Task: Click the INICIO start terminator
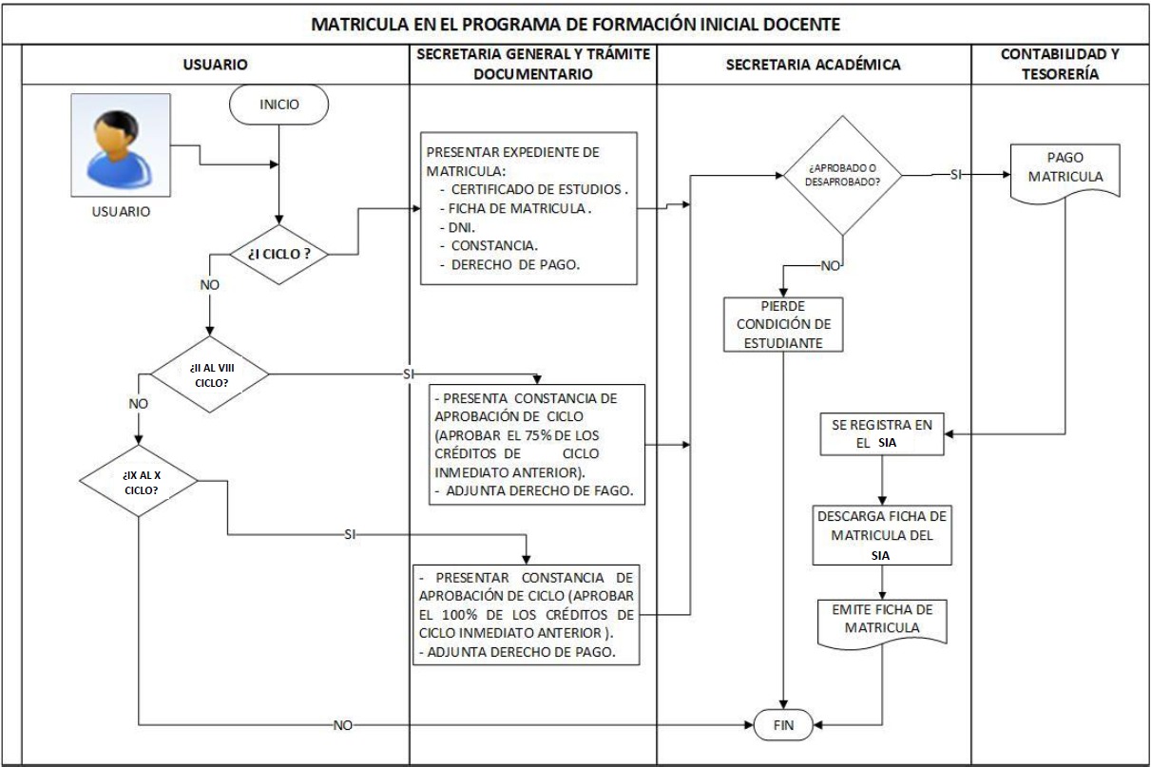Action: [279, 105]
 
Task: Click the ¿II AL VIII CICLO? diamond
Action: [210, 374]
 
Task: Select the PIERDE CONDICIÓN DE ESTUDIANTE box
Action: [782, 325]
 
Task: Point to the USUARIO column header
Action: [215, 66]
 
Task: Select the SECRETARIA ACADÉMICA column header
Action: [813, 66]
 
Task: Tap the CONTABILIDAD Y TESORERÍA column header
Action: [1059, 66]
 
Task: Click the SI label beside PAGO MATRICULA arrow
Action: [957, 175]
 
